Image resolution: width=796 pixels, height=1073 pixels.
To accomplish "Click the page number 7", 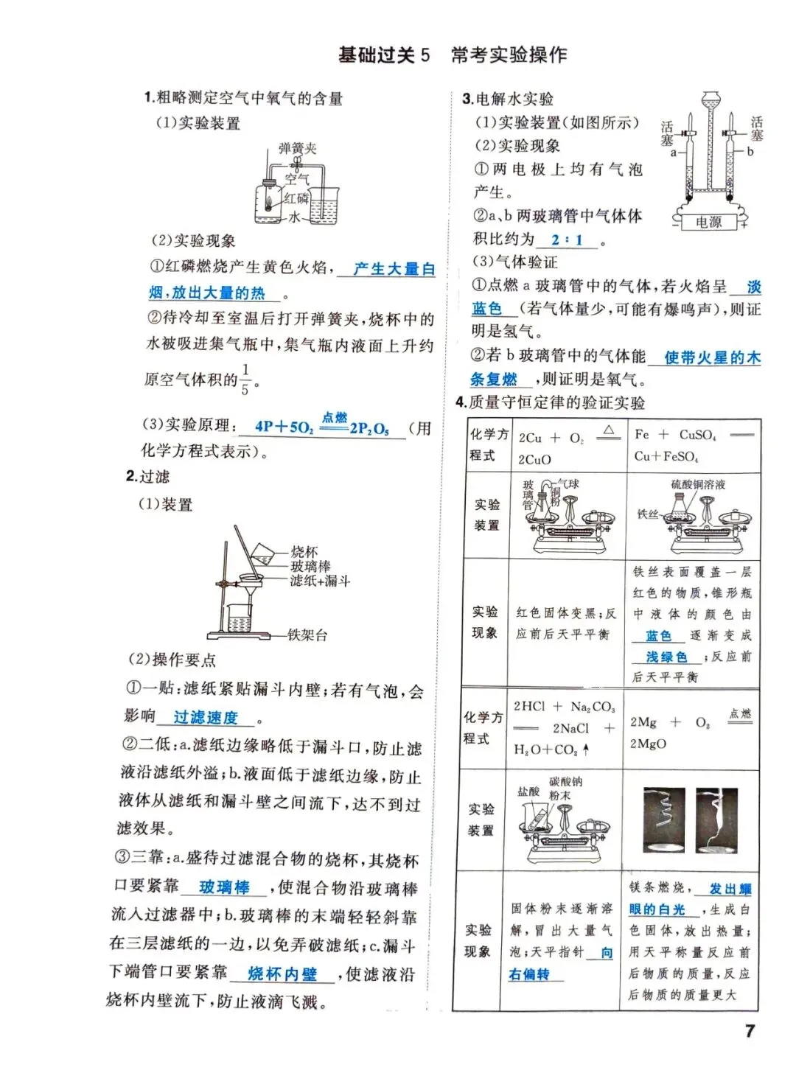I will (750, 1030).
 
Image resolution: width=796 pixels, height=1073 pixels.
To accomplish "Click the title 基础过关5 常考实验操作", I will (452, 55).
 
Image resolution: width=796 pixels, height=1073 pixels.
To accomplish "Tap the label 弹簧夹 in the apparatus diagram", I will (298, 149).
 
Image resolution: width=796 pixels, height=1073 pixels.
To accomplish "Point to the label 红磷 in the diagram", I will (296, 198).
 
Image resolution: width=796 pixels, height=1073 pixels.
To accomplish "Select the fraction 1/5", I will (245, 379).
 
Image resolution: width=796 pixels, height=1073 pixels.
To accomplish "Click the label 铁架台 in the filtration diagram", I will (307, 635).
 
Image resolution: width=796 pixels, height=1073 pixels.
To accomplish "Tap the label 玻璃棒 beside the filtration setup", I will (310, 566).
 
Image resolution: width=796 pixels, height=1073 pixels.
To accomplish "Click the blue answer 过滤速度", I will (206, 717).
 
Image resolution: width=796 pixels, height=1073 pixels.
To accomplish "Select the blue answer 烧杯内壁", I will (282, 974).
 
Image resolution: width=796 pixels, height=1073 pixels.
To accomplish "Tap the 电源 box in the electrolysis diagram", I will (708, 222).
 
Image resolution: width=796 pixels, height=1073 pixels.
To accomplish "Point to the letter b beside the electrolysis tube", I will (750, 152).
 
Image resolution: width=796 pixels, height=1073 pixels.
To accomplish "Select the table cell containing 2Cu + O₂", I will (566, 447).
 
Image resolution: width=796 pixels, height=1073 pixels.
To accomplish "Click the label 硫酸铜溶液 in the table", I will (697, 484).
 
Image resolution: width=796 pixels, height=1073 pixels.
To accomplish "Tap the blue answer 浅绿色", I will (666, 656).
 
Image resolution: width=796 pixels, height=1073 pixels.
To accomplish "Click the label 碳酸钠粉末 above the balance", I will (565, 788).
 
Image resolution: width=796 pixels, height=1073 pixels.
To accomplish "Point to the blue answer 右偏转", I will (528, 974).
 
